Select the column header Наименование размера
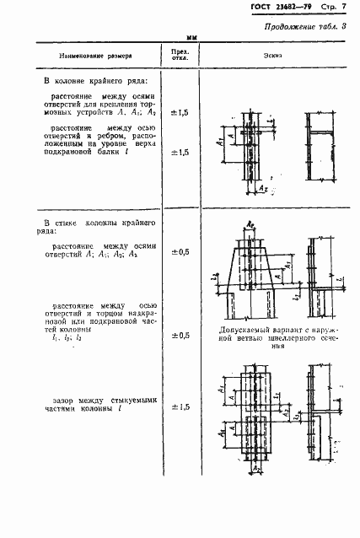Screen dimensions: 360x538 (x=96, y=56)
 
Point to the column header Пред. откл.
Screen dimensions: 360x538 (x=180, y=56)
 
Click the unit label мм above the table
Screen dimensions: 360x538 (x=191, y=38)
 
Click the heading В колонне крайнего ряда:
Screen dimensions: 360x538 (x=95, y=82)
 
